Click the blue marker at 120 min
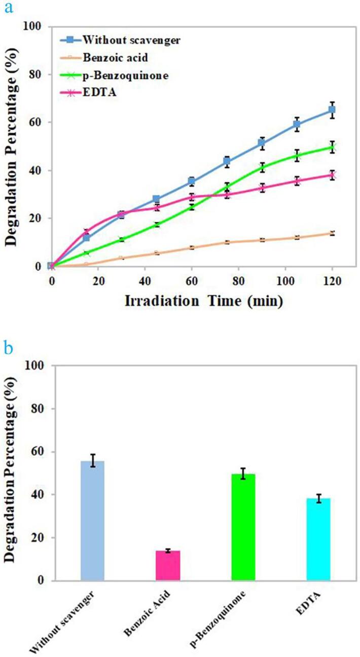click(x=332, y=109)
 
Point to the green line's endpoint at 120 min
click(x=332, y=148)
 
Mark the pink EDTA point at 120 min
click(x=332, y=175)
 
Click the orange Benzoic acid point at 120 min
click(x=332, y=233)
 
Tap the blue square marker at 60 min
click(x=192, y=181)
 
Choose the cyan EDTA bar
click(x=318, y=539)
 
